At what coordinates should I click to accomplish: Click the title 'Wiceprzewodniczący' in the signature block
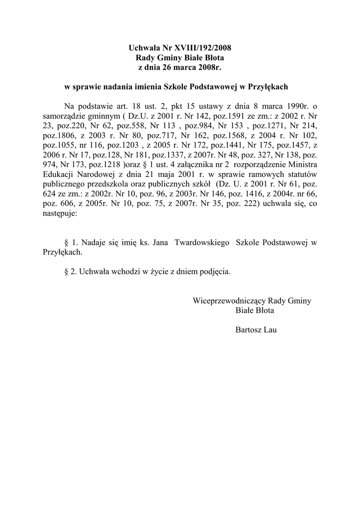[x=229, y=301]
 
